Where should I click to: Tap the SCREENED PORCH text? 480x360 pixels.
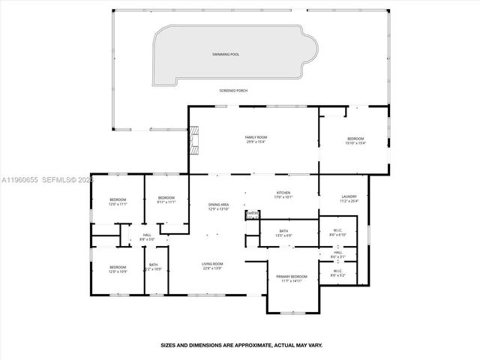click(233, 91)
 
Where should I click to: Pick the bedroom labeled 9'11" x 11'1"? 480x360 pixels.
click(166, 199)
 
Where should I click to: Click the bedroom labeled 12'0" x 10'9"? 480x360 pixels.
click(118, 268)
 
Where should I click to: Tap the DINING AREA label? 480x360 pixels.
click(218, 207)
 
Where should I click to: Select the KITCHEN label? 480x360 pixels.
click(283, 196)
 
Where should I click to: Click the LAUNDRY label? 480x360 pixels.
click(349, 199)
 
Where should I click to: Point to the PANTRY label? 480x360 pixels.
click(252, 214)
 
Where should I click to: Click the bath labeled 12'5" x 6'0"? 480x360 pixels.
click(283, 233)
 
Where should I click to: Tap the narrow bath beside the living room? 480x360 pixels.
click(153, 266)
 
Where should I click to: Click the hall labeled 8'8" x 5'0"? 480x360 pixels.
click(146, 238)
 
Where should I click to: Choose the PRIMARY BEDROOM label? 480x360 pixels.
click(289, 278)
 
